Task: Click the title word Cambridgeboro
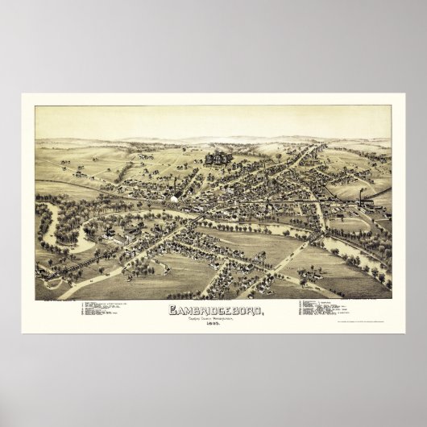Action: (213, 309)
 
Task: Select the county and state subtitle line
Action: (213, 318)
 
